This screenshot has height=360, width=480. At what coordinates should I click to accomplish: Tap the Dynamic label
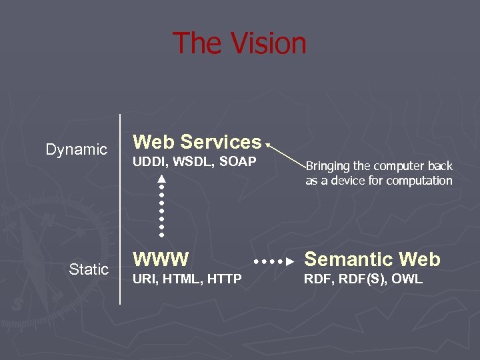click(76, 149)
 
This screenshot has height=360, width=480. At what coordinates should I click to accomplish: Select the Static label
click(89, 269)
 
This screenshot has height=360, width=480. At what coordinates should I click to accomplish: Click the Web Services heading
click(197, 142)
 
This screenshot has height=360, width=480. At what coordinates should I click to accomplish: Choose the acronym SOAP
click(237, 162)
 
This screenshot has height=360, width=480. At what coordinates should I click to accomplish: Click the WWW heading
click(161, 259)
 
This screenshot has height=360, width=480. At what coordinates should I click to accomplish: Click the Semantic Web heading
click(373, 259)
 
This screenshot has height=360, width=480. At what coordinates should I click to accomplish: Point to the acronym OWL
click(407, 279)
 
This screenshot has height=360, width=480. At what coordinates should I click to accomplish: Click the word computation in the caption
click(419, 181)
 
